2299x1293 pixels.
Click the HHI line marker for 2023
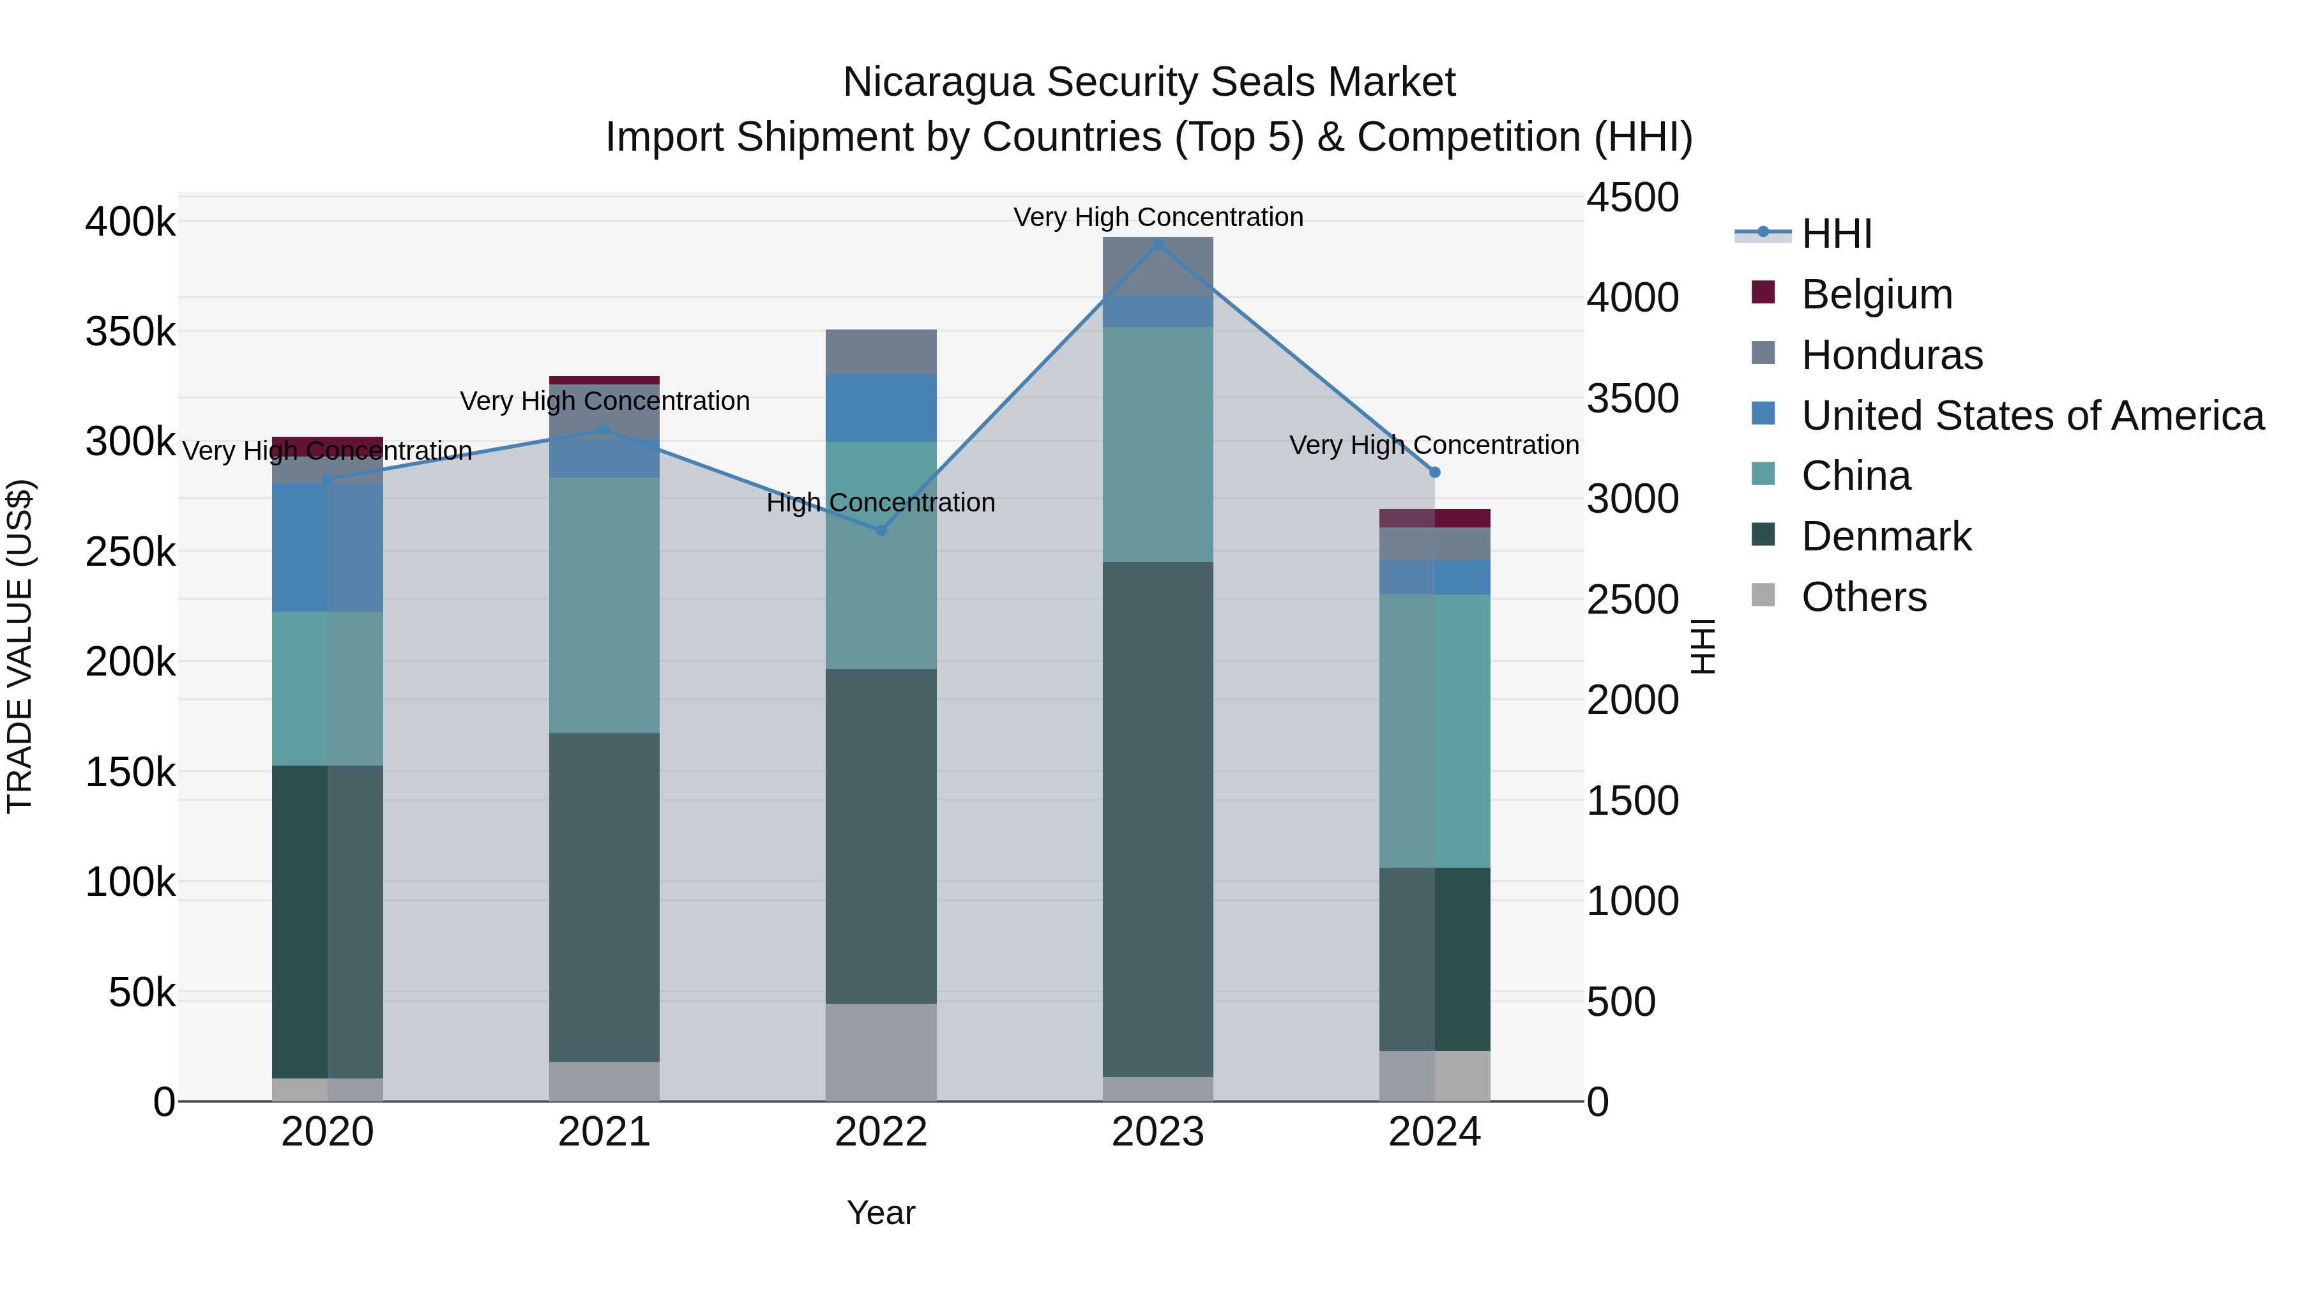(x=1158, y=244)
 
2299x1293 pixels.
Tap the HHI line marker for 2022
(x=881, y=530)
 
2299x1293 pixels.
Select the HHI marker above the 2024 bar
(x=1434, y=472)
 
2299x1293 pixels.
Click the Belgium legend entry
(x=1876, y=294)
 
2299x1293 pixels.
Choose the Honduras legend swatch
(x=1763, y=353)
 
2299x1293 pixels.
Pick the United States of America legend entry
(x=2032, y=416)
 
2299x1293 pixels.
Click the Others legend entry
(x=1863, y=597)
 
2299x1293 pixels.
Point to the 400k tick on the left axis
(x=130, y=222)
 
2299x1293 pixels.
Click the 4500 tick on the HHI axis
(x=1632, y=197)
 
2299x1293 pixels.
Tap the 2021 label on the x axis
(x=604, y=1132)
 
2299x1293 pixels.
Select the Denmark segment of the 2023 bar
(x=1158, y=819)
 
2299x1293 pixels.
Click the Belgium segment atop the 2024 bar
(x=1434, y=518)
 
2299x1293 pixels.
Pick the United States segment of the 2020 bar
(x=328, y=547)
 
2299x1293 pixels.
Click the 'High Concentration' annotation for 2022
(x=881, y=503)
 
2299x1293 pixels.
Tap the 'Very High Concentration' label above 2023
(x=1158, y=217)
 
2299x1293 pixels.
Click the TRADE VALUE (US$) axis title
(x=20, y=646)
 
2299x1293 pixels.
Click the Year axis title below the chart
(x=881, y=1213)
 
